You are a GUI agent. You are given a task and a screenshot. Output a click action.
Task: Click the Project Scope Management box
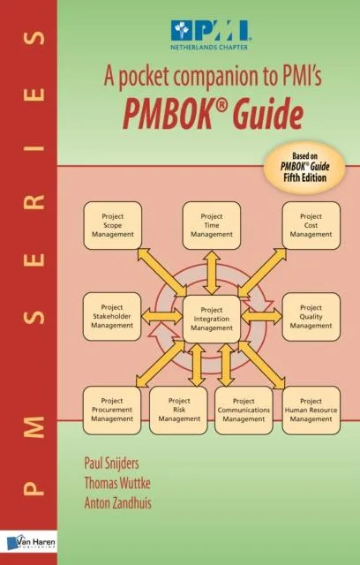[x=112, y=225]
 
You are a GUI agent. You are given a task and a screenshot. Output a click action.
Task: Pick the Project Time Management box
[x=211, y=225]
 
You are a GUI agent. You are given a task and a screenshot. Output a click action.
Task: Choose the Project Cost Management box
[x=311, y=225]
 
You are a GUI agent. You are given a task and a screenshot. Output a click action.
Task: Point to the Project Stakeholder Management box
[x=112, y=316]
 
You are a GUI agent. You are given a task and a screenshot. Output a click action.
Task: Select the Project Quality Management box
[x=311, y=316]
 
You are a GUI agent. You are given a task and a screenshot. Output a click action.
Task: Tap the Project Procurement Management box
[x=112, y=411]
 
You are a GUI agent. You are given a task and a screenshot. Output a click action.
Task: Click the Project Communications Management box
[x=244, y=411]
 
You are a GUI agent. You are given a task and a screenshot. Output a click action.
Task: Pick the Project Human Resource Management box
[x=311, y=411]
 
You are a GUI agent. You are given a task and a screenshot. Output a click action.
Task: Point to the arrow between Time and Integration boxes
[x=211, y=272]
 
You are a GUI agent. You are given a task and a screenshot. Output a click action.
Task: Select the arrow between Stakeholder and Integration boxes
[x=161, y=316]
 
